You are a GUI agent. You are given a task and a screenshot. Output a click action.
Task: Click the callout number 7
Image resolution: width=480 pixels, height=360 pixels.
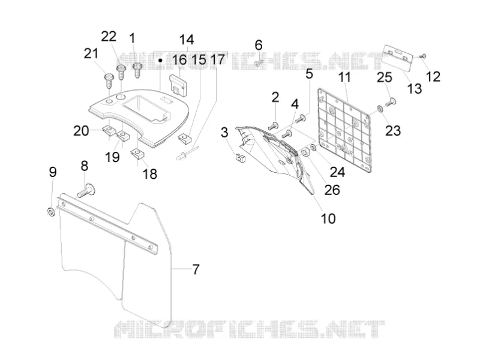coord(196,269)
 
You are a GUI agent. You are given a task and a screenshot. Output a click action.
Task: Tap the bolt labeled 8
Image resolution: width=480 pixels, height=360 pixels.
coord(86,190)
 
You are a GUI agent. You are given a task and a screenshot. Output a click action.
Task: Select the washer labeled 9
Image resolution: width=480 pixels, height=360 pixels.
coord(51,212)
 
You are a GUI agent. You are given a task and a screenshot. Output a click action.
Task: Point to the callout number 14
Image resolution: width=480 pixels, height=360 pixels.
coord(187,40)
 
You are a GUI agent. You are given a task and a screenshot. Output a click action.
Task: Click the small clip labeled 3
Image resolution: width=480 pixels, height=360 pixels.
coord(239,158)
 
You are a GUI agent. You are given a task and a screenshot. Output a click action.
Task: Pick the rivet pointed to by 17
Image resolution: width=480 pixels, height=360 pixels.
coord(188,152)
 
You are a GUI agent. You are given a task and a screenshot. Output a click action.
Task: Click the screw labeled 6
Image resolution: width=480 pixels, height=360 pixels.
coord(259,63)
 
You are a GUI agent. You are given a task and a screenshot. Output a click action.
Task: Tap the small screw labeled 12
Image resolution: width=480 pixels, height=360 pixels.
coord(424,56)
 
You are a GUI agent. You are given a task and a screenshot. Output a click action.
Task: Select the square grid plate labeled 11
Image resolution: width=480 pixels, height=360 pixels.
coord(344,130)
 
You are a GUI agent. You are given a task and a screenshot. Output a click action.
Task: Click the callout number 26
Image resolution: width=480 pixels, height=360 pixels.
coord(332,190)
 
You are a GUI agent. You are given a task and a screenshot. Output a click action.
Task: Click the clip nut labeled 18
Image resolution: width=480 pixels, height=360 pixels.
coord(138,154)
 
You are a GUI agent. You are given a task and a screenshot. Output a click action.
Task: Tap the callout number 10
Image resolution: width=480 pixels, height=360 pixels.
coord(328,218)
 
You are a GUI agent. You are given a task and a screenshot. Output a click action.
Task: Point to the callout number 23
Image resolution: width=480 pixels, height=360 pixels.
coord(393,130)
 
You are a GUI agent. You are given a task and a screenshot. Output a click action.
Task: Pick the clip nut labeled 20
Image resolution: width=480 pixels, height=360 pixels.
coord(108,130)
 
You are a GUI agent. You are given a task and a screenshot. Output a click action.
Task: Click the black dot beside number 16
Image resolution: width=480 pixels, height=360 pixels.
coord(160,61)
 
